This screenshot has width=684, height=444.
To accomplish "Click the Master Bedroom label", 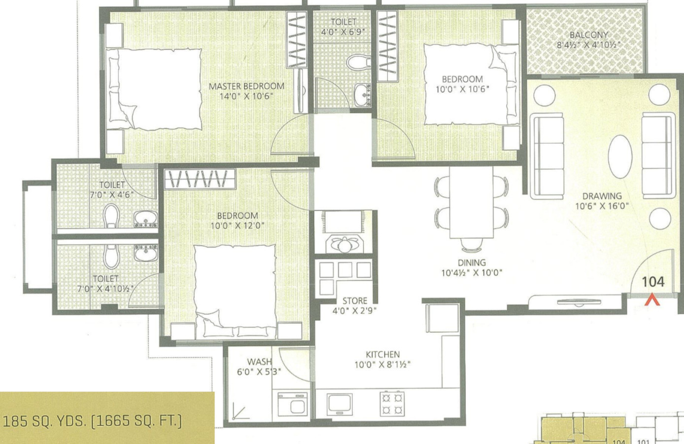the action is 246,86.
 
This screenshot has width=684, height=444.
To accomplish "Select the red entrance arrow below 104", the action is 652,299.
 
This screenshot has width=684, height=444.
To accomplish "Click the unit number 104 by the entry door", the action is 653,282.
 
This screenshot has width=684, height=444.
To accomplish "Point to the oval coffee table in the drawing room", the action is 620,156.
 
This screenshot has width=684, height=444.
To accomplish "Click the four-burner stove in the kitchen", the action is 392,404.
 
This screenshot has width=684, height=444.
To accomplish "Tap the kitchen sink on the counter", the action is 340,404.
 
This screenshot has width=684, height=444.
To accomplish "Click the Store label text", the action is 354,300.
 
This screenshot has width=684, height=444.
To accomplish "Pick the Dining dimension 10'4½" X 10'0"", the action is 472,272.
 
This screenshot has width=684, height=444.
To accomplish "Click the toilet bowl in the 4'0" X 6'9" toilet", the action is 358,62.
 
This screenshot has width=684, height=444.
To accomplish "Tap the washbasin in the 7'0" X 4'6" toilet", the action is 146,219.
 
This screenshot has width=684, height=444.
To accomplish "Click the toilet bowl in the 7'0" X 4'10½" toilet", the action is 111,257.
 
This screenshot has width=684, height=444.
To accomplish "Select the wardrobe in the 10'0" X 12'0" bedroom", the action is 200,179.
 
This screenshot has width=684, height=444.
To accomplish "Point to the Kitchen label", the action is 382,354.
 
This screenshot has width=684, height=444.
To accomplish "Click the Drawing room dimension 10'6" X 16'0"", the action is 602,206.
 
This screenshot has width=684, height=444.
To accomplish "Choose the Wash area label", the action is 259,362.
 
